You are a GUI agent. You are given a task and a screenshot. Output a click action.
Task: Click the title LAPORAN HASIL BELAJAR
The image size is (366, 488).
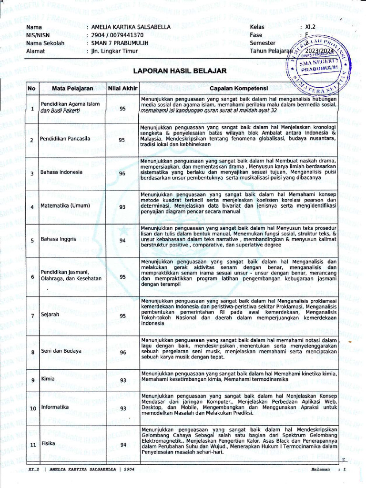click(179, 71)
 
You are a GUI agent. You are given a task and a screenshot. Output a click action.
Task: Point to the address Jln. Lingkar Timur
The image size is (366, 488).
click(111, 51)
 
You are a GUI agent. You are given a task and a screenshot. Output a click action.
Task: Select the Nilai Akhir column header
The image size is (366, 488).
click(122, 89)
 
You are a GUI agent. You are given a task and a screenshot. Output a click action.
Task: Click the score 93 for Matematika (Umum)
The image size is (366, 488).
click(122, 207)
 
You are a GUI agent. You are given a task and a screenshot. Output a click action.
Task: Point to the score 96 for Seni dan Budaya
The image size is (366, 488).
click(122, 352)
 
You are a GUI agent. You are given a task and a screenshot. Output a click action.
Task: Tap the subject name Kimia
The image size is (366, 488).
click(47, 380)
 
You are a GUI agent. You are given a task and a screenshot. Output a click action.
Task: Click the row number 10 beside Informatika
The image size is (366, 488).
click(32, 408)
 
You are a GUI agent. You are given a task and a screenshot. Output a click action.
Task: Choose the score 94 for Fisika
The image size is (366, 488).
click(122, 445)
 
